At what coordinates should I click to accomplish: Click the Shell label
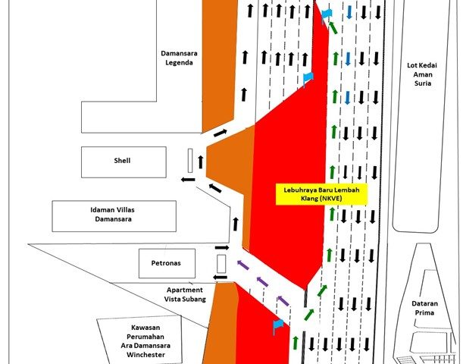(122, 161)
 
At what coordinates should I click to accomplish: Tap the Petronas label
(166, 263)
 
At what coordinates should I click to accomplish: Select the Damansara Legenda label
(179, 58)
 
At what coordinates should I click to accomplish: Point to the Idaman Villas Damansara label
(112, 215)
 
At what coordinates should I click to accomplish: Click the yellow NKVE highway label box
(321, 194)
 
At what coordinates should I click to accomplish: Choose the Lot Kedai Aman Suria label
(422, 74)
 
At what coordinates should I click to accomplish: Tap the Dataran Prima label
(424, 308)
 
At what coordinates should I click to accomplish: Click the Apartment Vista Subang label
(185, 294)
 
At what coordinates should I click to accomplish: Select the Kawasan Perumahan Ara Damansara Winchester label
(145, 341)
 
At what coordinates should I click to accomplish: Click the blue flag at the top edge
(327, 14)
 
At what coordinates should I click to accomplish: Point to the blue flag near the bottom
(278, 325)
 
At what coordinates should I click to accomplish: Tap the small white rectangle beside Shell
(190, 161)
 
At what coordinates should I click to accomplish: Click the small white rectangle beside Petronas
(221, 264)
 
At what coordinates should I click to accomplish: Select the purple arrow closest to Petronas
(243, 265)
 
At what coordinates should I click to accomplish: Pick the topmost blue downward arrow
(349, 12)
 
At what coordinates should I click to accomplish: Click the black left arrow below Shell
(188, 179)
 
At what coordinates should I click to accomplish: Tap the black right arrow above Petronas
(222, 247)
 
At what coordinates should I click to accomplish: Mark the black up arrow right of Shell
(201, 162)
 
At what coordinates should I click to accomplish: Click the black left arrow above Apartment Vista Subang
(221, 277)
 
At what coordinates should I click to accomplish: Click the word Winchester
(145, 355)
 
